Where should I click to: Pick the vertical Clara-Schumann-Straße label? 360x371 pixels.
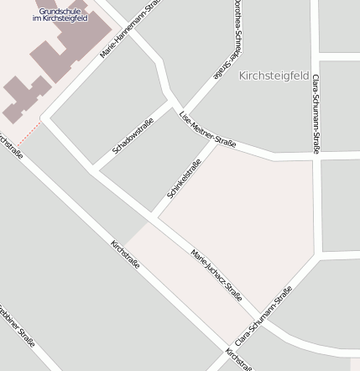pyautogui.click(x=316, y=113)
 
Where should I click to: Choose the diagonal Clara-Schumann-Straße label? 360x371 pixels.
pyautogui.click(x=263, y=316)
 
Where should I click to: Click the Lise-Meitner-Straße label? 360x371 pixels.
pyautogui.click(x=208, y=129)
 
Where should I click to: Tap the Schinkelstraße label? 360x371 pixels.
pyautogui.click(x=183, y=178)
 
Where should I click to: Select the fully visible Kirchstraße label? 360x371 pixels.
pyautogui.click(x=125, y=253)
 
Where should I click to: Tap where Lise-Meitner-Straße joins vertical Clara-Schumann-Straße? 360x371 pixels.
pyautogui.click(x=314, y=157)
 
